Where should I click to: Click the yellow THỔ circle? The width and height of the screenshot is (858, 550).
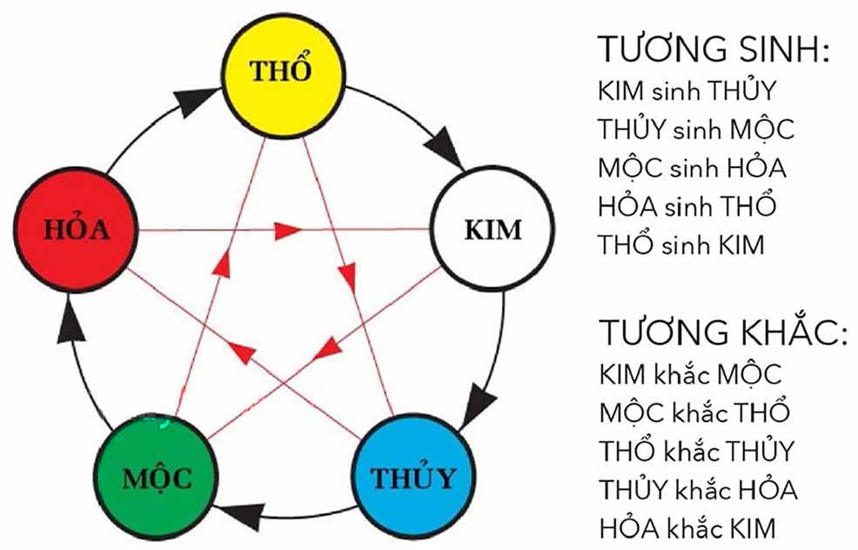click(283, 75)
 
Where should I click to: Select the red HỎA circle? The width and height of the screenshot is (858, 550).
click(75, 229)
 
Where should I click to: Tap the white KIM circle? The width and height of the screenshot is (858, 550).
click(493, 228)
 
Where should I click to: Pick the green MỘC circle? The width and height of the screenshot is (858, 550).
click(156, 478)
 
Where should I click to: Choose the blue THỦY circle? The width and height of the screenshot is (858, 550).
click(413, 478)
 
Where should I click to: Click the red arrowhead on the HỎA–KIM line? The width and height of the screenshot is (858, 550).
click(288, 231)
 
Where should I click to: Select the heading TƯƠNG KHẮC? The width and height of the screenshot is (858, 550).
click(723, 331)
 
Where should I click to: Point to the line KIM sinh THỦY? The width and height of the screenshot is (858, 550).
click(687, 90)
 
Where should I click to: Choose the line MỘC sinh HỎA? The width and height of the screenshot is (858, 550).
click(692, 166)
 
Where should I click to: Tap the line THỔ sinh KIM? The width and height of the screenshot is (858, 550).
click(680, 244)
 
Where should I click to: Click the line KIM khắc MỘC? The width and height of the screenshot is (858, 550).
click(690, 375)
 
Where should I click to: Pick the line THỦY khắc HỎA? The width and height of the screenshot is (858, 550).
click(698, 489)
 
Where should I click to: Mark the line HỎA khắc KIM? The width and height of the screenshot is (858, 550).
click(687, 527)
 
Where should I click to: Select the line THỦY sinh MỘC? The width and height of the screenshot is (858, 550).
click(695, 129)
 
